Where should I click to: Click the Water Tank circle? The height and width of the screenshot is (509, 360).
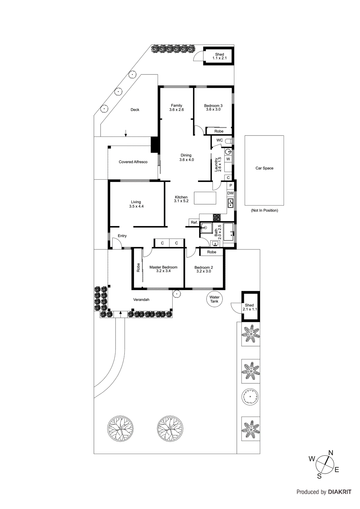coord(214,299)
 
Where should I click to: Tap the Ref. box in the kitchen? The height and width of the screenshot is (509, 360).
coord(194,222)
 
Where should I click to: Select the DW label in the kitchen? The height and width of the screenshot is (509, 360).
coord(230,193)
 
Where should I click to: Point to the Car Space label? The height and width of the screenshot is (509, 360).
coord(264,168)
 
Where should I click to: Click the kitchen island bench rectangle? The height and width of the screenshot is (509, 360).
coord(205,198)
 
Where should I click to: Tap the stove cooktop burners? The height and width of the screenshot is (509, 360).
coord(217,217)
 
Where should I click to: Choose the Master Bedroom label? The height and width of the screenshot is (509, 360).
coord(163,269)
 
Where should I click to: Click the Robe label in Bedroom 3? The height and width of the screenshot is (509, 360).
coord(219,131)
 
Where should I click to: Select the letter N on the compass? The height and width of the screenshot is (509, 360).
coord(331,453)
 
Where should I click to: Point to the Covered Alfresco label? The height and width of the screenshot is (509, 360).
coord(133,162)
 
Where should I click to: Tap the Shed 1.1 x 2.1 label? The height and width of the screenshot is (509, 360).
coord(219,56)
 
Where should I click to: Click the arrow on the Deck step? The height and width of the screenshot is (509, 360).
coord(126,133)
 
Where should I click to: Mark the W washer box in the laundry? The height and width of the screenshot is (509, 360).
coord(228,159)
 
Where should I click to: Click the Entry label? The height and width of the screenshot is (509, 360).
coord(122,236)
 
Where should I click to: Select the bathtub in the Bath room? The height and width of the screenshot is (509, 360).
coord(229,232)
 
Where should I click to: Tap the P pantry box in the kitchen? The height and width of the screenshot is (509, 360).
coord(231,185)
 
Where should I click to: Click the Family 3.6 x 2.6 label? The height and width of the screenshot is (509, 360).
coord(176,108)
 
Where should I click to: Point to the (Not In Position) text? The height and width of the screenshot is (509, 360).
coord(264,210)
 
